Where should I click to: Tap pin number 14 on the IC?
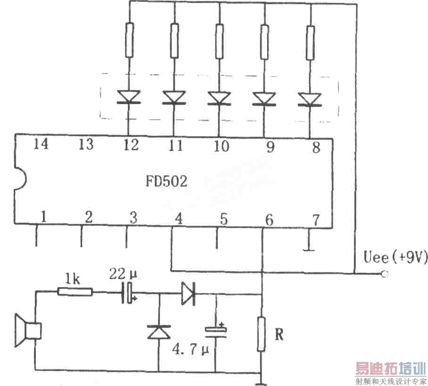(41, 145)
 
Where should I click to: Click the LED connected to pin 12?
(128, 98)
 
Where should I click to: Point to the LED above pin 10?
(219, 99)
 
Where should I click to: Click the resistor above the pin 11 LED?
(174, 41)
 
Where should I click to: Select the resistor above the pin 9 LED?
(265, 41)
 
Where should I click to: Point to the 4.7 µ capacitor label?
(191, 351)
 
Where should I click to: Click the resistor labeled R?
(261, 334)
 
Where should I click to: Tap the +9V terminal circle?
(385, 274)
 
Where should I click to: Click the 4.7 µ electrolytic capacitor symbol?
(216, 331)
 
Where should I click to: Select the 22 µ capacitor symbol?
(128, 293)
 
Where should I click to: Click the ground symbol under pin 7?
(309, 247)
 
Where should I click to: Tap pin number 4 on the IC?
(178, 219)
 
